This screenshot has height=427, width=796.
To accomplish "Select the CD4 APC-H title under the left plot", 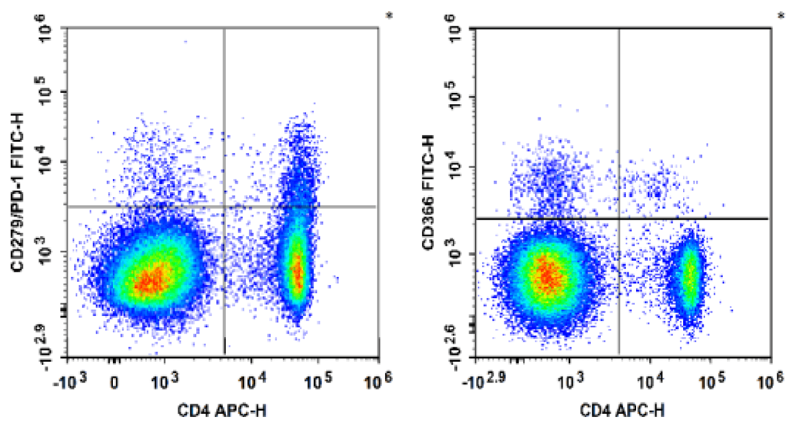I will point(223,411).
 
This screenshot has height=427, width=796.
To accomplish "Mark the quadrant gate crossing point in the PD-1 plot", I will point(224,206).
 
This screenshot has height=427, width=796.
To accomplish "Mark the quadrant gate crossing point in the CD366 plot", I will point(619,219).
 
